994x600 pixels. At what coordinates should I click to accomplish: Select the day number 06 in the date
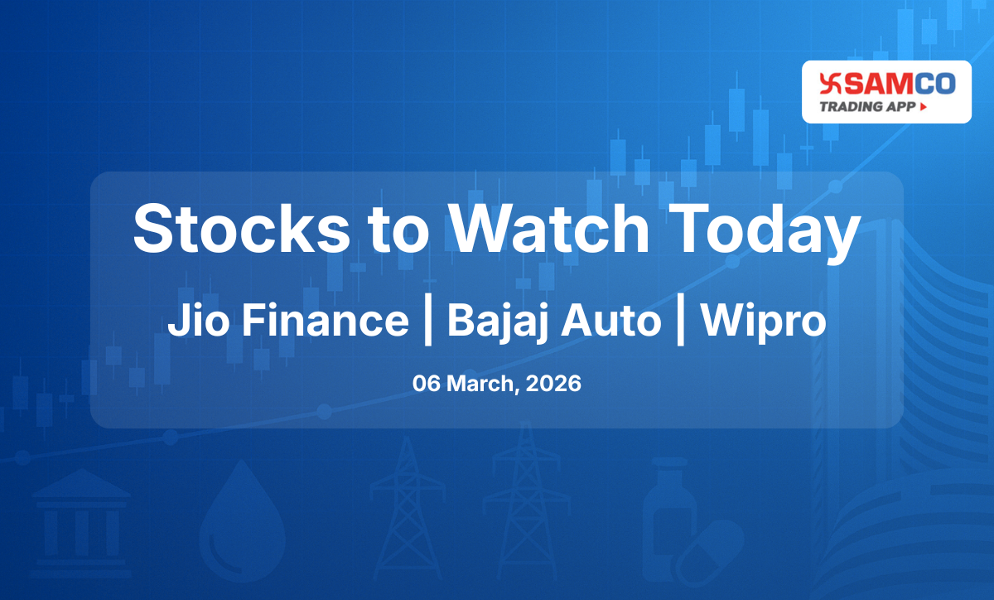427,385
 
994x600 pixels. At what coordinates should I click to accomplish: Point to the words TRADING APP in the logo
867,106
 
